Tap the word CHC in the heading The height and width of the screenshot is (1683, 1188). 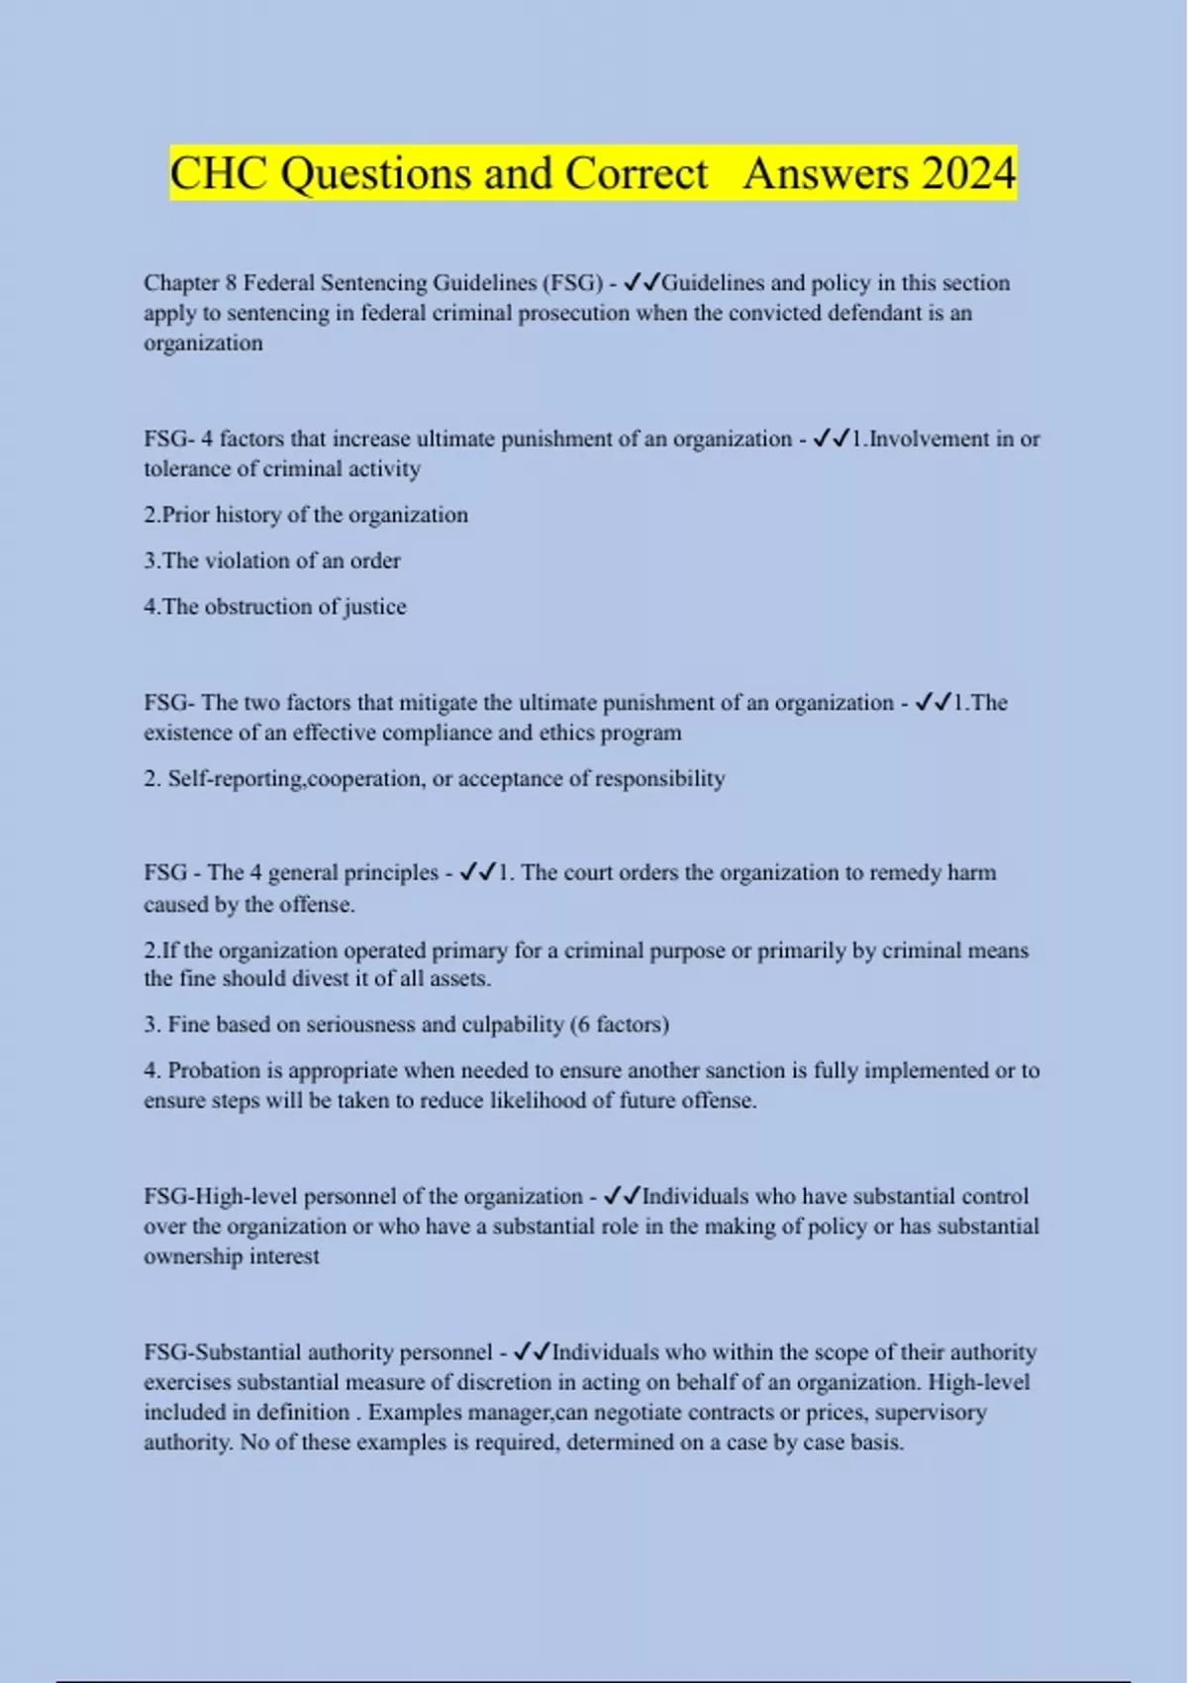[x=219, y=174]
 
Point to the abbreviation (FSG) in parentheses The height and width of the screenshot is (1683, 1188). [x=572, y=283]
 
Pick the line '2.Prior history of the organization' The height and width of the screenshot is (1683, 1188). [x=306, y=515]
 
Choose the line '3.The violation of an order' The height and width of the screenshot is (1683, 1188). [x=272, y=560]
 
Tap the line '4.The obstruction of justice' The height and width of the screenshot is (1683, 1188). [x=275, y=606]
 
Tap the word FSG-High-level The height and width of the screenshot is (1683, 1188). [x=220, y=1197]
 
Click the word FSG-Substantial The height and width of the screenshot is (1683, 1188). [x=220, y=1352]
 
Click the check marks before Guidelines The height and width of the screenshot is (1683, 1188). [x=643, y=283]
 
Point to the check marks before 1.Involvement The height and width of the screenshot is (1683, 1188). [x=831, y=439]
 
